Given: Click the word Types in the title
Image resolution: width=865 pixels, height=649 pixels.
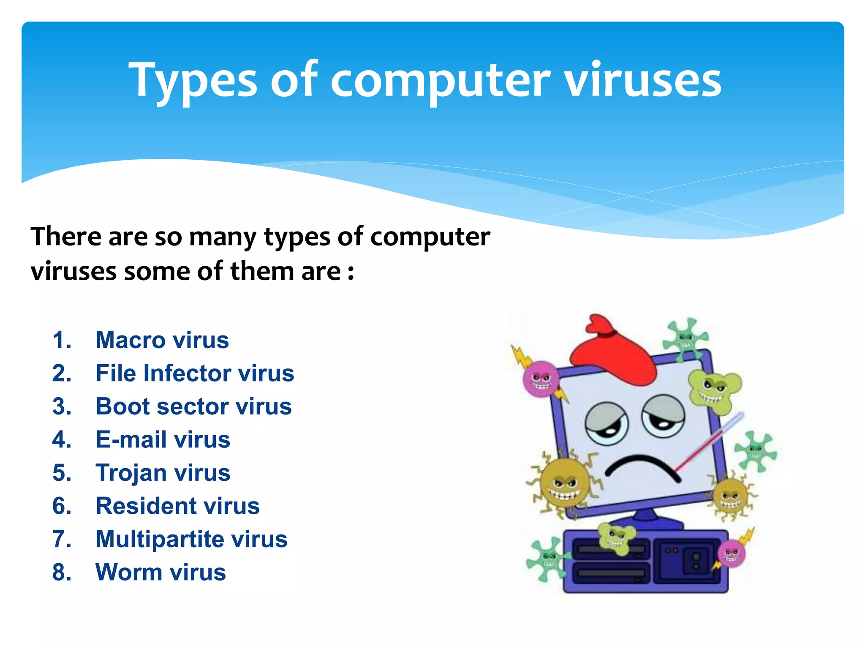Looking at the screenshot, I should click(x=193, y=80).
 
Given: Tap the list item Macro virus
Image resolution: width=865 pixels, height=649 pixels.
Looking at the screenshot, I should click(x=162, y=340).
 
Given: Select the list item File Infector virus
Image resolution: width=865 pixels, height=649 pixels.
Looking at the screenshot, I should click(x=195, y=374).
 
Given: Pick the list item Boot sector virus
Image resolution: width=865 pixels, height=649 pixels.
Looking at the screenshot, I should click(x=193, y=406).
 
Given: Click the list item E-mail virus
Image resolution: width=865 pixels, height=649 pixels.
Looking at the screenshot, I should click(x=163, y=439).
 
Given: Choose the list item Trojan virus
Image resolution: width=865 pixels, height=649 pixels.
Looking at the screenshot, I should click(x=163, y=472).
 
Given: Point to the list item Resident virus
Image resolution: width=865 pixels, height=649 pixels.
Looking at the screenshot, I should click(x=177, y=506).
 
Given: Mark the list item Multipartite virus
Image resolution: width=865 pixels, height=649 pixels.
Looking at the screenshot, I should click(x=191, y=539).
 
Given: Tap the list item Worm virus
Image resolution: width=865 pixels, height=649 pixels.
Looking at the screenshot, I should click(x=160, y=572).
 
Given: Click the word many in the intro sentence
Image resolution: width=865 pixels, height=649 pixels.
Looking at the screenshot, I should click(x=223, y=237).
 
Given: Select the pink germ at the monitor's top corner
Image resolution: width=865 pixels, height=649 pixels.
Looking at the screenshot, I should click(x=541, y=379).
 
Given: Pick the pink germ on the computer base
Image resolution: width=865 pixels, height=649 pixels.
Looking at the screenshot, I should click(x=732, y=554).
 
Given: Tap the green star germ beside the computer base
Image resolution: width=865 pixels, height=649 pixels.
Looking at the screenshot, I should click(x=547, y=560).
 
